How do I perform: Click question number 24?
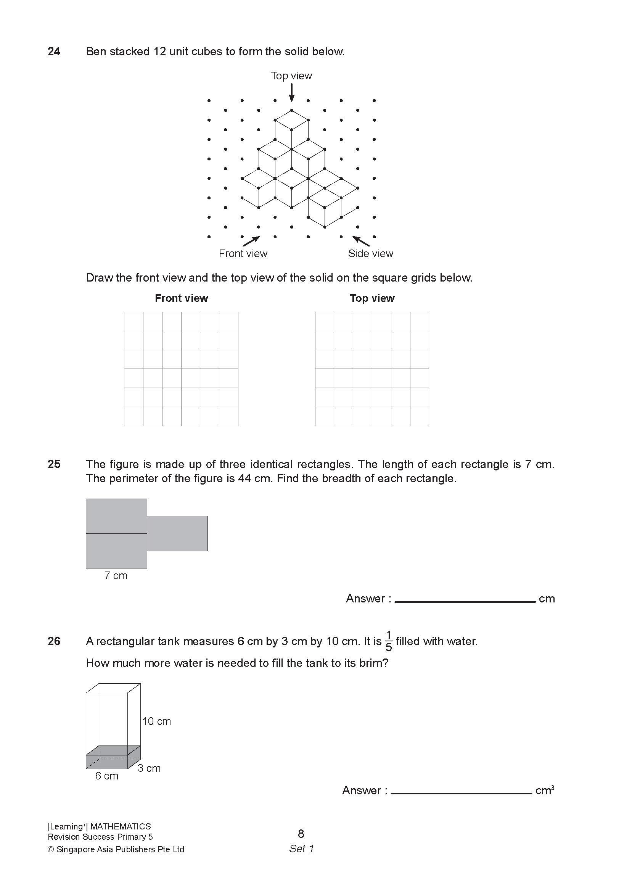pos(54,52)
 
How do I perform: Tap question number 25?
pos(54,464)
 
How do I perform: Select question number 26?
pos(54,641)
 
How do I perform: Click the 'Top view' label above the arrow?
pos(291,76)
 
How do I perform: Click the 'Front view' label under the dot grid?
pos(243,253)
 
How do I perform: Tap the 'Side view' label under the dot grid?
pos(370,253)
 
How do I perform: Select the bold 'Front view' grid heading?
pos(181,298)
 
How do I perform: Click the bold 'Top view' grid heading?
pos(371,298)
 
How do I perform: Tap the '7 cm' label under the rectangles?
pos(116,576)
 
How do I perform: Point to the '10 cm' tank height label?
pos(156,721)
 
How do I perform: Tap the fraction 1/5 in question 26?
pos(388,641)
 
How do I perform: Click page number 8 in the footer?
pos(301,833)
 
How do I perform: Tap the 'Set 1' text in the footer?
pos(301,849)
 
